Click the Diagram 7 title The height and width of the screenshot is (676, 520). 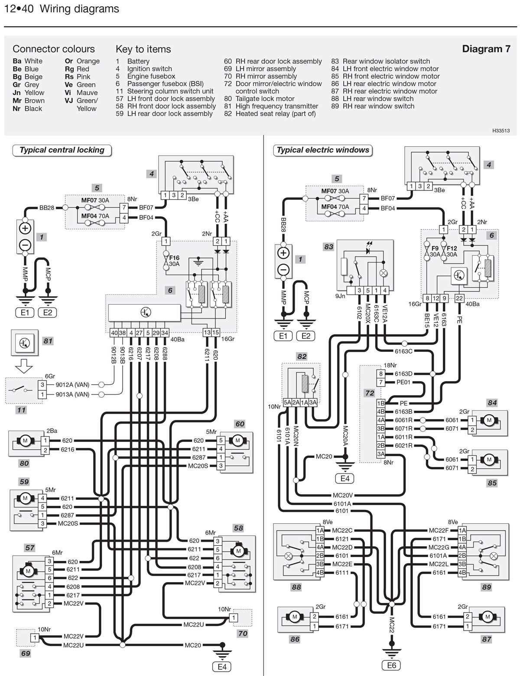point(486,49)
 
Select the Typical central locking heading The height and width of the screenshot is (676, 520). point(62,150)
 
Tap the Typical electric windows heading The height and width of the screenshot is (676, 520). point(323,150)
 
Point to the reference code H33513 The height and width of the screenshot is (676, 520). point(500,130)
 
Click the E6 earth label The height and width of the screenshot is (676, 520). point(391,666)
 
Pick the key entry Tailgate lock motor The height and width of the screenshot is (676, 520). point(265,99)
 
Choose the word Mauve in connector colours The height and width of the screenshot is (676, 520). point(87,93)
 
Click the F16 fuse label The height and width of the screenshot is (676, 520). point(174,258)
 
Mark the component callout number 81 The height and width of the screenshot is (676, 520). point(48,341)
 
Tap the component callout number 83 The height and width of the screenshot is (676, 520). point(328,247)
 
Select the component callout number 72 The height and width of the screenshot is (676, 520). point(369,393)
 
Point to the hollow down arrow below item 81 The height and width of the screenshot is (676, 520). point(24,366)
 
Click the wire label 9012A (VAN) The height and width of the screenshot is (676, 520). point(72,384)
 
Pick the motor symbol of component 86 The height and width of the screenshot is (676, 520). point(295,617)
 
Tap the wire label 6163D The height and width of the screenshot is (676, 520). point(403,373)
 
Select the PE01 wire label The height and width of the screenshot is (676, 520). point(403,382)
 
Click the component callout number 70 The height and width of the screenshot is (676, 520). point(243,634)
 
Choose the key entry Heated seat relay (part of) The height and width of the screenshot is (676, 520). point(275,114)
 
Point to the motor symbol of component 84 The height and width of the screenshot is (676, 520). point(489,420)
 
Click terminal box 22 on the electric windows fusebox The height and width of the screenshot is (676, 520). point(459,298)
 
